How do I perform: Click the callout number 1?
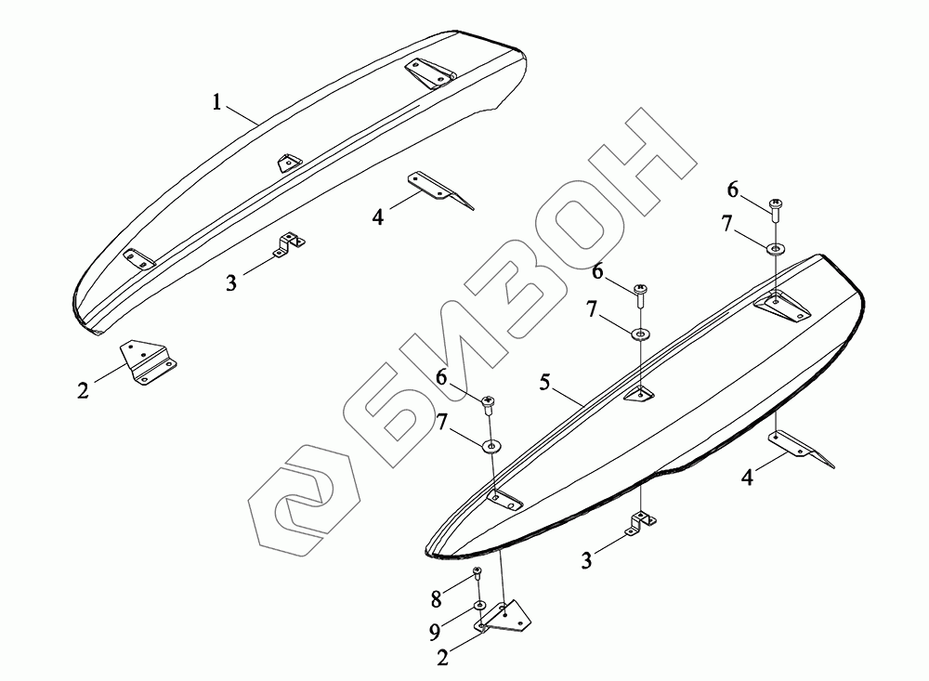(x=216, y=102)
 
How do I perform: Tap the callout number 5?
(x=546, y=382)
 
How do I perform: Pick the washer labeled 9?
(x=479, y=606)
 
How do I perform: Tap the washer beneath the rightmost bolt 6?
(x=775, y=249)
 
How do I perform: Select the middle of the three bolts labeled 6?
(x=641, y=295)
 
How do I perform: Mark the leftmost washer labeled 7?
(x=490, y=446)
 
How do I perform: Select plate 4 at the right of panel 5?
(x=801, y=447)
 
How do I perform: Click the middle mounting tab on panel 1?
(x=289, y=161)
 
